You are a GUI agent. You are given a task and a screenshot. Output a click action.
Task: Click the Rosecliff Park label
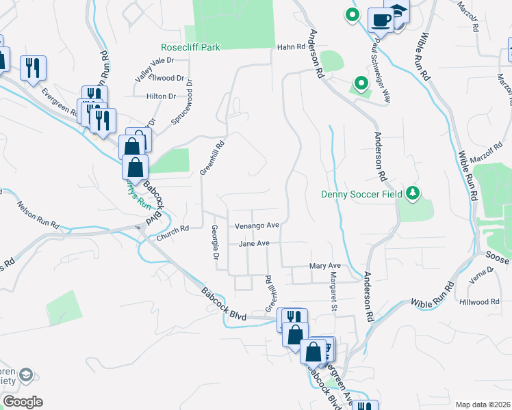point(190,48)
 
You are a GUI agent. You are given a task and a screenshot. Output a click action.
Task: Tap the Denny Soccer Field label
point(363,194)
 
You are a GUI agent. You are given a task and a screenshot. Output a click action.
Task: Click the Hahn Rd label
point(290,47)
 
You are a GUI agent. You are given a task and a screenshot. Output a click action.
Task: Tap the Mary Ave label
point(324,265)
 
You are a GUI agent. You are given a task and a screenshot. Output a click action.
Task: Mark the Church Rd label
point(172,234)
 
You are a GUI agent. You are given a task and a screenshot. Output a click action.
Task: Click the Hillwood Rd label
point(480,301)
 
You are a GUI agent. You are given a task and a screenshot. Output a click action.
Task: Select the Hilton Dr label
point(161,96)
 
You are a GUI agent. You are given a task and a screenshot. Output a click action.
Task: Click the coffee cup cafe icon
point(380,20)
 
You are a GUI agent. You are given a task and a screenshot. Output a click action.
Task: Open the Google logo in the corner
point(23,402)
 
